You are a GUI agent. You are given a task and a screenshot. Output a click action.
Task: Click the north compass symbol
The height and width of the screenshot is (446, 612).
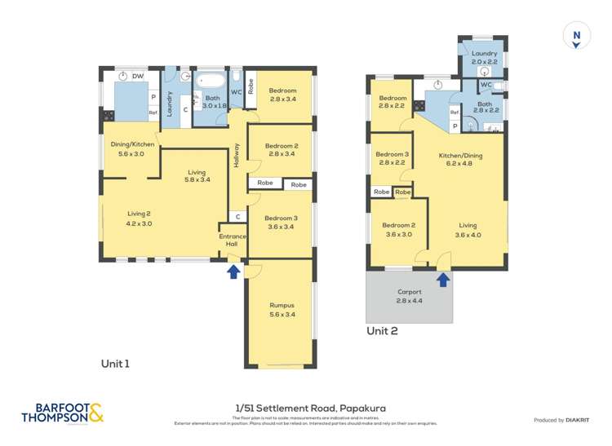[576, 36]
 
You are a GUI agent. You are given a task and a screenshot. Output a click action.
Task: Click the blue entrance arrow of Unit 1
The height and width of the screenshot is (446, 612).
[233, 272]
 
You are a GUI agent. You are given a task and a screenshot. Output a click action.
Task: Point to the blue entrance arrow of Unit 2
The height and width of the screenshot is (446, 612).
[443, 280]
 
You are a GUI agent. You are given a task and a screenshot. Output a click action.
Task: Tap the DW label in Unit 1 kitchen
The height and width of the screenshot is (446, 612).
[138, 76]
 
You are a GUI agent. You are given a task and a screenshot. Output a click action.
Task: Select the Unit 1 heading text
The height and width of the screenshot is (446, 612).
[115, 364]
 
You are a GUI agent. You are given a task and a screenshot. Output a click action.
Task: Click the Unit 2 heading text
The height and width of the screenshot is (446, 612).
[382, 330]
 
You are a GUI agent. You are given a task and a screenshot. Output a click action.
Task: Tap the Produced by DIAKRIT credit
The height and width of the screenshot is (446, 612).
[561, 420]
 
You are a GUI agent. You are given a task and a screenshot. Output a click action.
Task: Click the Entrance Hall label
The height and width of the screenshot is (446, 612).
[232, 241]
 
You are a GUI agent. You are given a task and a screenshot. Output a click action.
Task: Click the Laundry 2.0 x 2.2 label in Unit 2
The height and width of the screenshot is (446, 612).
[483, 57]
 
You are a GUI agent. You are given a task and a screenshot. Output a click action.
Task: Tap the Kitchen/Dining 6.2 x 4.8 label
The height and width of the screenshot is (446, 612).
[461, 159]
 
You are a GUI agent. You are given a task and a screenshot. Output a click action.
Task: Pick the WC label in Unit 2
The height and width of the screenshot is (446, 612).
[486, 85]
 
